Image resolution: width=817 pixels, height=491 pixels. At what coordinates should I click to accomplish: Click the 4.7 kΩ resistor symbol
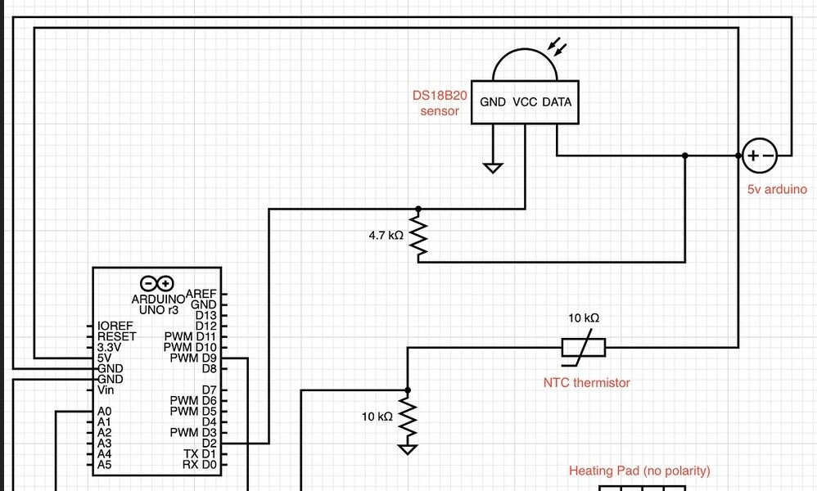(419, 236)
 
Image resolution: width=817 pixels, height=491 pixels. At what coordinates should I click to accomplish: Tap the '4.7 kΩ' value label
(386, 235)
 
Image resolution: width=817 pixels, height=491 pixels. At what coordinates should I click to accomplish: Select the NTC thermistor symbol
(584, 348)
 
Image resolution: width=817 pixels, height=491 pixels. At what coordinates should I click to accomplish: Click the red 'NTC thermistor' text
(587, 382)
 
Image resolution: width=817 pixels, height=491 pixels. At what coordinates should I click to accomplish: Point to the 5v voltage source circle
(759, 155)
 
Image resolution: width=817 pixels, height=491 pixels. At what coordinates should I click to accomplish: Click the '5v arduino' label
(777, 189)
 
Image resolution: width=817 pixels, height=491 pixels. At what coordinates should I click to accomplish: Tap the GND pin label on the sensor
(493, 102)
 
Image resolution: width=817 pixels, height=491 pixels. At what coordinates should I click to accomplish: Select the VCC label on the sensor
(525, 102)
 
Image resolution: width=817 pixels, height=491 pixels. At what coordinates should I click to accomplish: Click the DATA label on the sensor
(557, 102)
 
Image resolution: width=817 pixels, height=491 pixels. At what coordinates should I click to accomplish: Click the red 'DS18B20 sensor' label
(440, 103)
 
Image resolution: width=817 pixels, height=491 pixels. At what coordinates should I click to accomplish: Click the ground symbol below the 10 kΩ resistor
(408, 448)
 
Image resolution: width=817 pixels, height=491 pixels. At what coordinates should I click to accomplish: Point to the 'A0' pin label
(104, 411)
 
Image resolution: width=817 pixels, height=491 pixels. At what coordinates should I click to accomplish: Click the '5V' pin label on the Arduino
(104, 358)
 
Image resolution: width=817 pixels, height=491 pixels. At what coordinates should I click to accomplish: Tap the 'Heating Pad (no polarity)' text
(639, 471)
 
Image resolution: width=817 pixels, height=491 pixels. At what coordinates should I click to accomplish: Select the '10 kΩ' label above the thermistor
(584, 318)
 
